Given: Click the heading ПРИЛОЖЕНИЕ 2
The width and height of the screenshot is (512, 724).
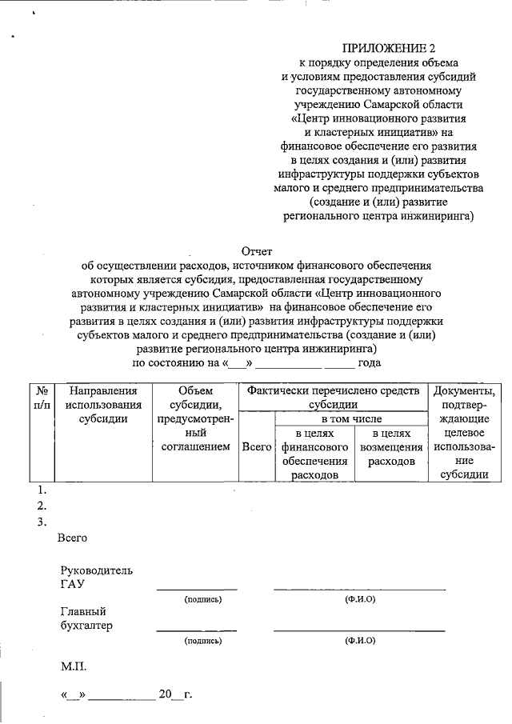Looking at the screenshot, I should point(385,49).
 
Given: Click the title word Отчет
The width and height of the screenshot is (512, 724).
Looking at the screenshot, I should point(257,251).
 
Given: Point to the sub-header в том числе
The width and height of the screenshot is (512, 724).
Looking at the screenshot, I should point(351,418).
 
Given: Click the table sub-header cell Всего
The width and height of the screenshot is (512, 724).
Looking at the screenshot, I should point(256,447).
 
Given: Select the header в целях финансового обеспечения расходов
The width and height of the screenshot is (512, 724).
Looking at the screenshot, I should point(314,454).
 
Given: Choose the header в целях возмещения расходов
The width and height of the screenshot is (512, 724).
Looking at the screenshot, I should point(391,447).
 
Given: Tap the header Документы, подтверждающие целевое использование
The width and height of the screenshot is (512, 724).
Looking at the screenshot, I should point(464,432).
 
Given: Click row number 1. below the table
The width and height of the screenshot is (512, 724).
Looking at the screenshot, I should point(42,490).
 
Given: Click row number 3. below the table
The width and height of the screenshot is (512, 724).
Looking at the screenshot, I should point(42,522).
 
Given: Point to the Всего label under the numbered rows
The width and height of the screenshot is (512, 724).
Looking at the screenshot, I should point(72,538).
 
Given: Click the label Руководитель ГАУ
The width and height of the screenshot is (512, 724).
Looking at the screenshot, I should point(96,578).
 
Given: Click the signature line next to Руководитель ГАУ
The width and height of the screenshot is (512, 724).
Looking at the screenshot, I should point(197,588).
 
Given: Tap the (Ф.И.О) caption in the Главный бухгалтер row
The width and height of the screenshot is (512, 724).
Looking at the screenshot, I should point(359,641).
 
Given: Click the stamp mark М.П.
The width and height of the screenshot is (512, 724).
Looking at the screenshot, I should point(74,666).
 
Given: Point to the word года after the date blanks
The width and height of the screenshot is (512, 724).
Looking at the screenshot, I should point(369,362).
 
